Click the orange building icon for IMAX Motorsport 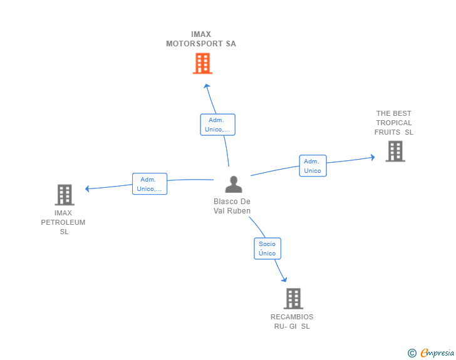[x=202, y=63]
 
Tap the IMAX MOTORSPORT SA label [x=201, y=39]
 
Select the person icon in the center [x=234, y=184]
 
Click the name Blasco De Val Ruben [x=232, y=206]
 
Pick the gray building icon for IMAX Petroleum [x=65, y=195]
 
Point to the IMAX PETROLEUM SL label [x=63, y=222]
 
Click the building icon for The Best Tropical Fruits [x=395, y=152]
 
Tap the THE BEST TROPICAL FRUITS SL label [x=394, y=123]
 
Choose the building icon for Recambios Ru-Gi [x=293, y=299]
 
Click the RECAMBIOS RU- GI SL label [x=292, y=322]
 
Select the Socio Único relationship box [x=267, y=249]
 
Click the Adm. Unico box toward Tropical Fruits [x=313, y=166]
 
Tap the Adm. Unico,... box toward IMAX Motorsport [x=217, y=125]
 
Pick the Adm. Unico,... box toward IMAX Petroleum [x=150, y=184]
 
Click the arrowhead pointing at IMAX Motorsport [x=207, y=86]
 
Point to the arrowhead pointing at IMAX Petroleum [x=87, y=188]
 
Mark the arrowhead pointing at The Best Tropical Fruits [x=373, y=157]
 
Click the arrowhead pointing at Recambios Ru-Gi [x=284, y=279]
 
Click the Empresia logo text [x=437, y=352]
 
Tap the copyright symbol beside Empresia [x=412, y=353]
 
